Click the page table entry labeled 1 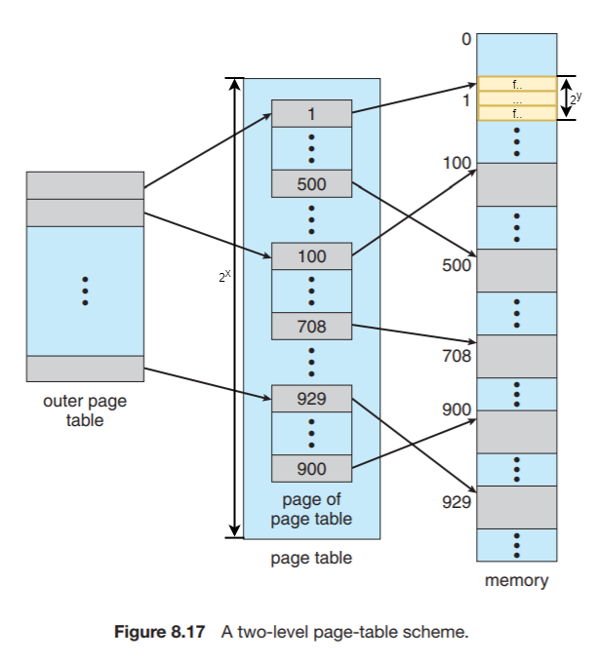pos(311,114)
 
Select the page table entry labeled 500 pos(311,183)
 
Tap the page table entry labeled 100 pos(311,256)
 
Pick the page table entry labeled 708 pos(311,327)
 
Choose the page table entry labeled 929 pos(311,398)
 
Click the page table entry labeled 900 pos(311,469)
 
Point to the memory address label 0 pos(466,40)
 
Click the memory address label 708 pos(458,357)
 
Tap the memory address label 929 pos(458,503)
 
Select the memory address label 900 pos(458,410)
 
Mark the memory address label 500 pos(458,265)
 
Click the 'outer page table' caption pos(85,410)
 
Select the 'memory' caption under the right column pos(516,581)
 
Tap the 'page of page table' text pos(311,509)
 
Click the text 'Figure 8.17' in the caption pos(160,632)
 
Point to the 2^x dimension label pos(224,277)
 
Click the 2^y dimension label pos(577,97)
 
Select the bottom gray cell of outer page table pos(85,369)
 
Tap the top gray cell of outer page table pos(85,185)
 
